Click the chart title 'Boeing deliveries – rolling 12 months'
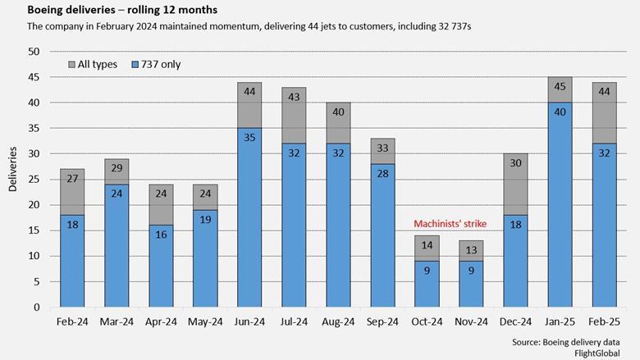point(111,11)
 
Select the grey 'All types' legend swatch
point(71,63)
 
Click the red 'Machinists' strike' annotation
point(450,224)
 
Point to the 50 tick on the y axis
point(34,52)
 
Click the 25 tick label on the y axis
point(34,180)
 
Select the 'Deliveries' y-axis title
point(12,170)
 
